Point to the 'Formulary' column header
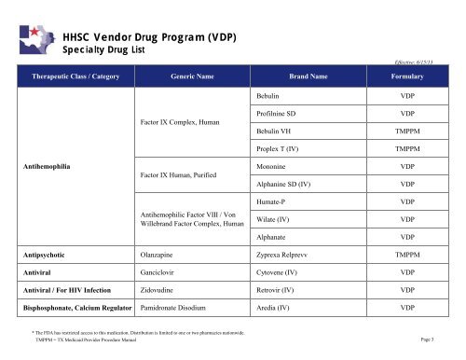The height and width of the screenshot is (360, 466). [407, 76]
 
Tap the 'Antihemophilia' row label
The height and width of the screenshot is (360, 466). [48, 167]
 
